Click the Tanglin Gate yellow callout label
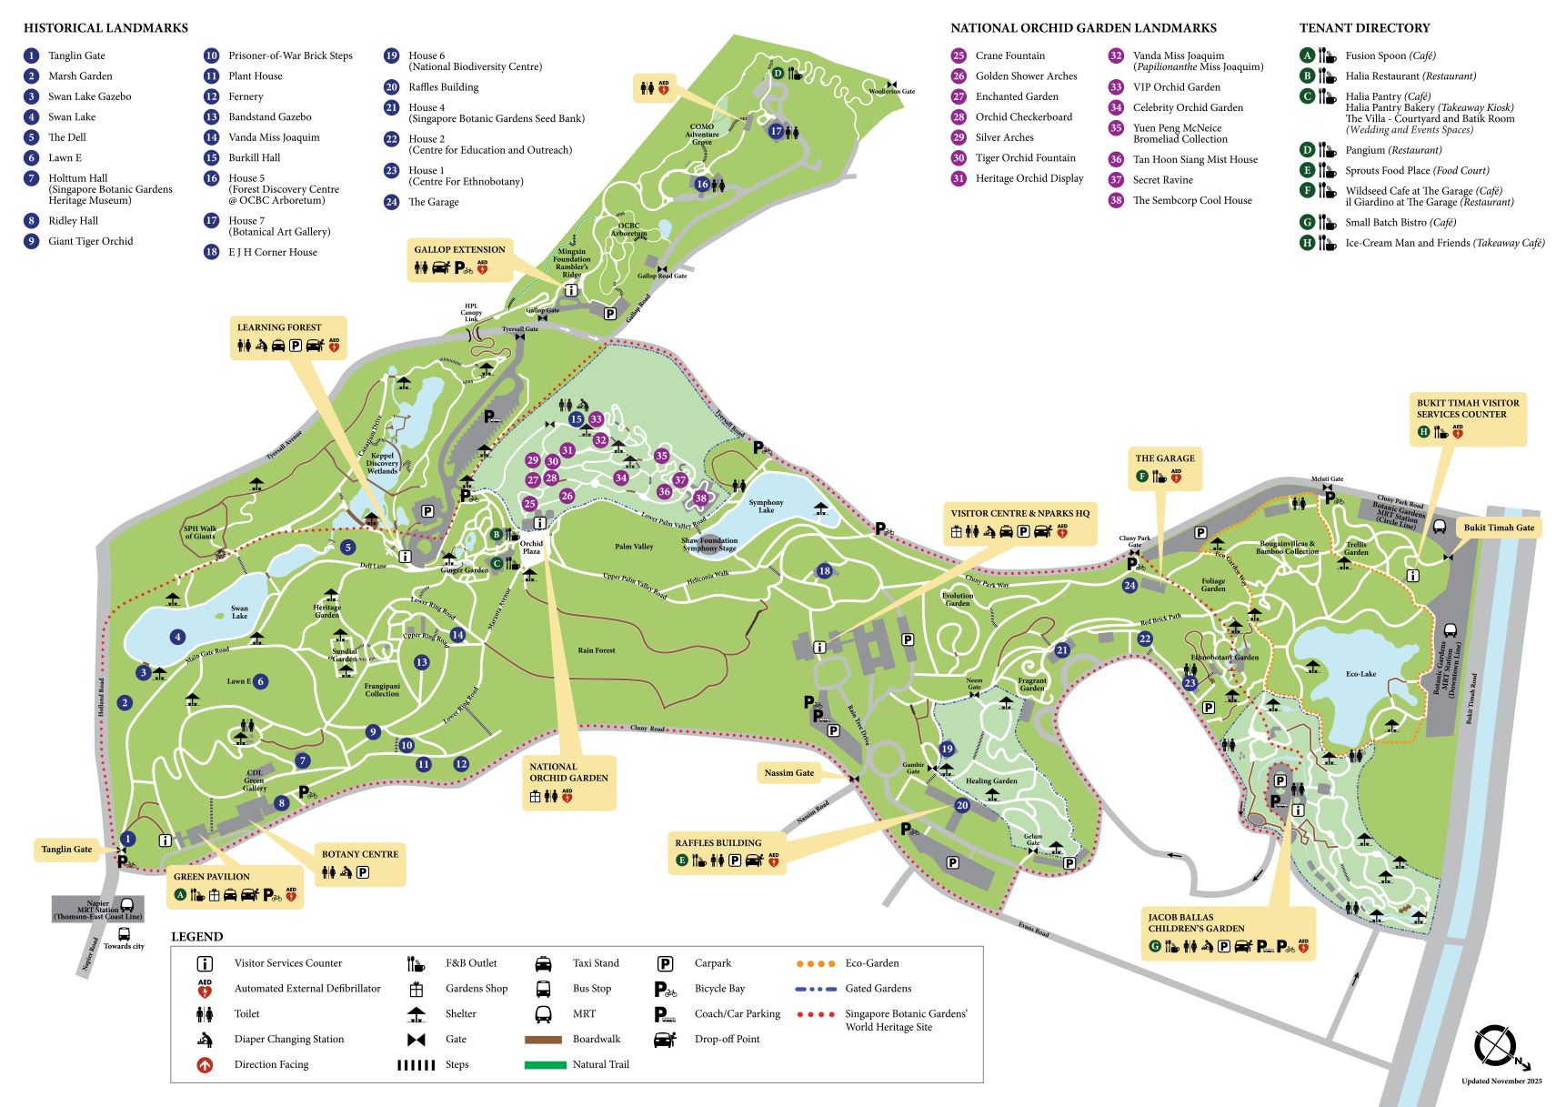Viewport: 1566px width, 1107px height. click(66, 849)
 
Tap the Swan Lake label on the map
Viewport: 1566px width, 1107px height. click(239, 612)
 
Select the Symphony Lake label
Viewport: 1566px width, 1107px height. click(766, 506)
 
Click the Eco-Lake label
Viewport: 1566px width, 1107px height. click(1360, 674)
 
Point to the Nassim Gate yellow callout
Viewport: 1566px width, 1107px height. click(788, 772)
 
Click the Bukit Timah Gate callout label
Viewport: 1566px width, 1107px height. click(1498, 527)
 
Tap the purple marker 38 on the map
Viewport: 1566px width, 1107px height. click(700, 498)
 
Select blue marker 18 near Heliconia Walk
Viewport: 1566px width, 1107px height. click(824, 571)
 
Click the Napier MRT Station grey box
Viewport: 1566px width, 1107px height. click(97, 909)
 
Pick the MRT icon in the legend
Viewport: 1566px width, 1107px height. click(543, 1013)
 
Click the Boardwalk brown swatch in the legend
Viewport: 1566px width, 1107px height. click(543, 1039)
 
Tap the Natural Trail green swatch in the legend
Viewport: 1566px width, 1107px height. click(544, 1064)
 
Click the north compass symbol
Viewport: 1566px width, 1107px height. click(1493, 1045)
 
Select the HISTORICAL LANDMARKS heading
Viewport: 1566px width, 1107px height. click(105, 28)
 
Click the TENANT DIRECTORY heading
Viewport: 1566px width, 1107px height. click(1364, 28)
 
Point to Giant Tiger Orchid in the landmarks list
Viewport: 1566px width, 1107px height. click(90, 241)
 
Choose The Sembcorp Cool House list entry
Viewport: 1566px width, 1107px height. click(1191, 200)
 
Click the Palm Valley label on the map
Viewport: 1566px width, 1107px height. click(634, 547)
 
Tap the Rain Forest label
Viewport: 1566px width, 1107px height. click(597, 650)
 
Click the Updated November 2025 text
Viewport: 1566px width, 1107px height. click(1501, 1082)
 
